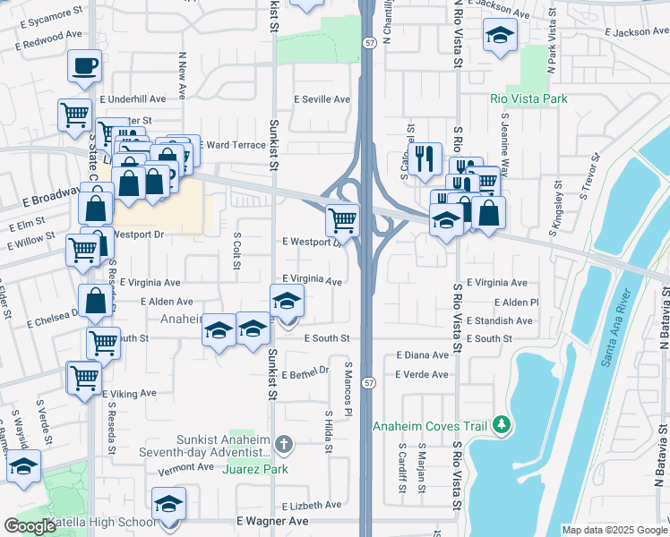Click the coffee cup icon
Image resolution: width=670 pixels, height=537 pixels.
point(84,65)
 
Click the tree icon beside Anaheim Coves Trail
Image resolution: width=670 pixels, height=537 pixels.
point(502,424)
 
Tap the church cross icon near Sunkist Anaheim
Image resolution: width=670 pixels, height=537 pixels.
point(283,444)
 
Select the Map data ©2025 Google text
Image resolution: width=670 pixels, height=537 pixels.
point(614,530)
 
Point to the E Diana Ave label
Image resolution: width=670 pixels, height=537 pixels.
point(422,355)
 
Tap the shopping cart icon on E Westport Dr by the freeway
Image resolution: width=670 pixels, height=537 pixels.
point(342,219)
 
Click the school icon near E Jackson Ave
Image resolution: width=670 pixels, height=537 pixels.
point(500,37)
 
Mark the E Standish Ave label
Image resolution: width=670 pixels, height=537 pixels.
point(500,320)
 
